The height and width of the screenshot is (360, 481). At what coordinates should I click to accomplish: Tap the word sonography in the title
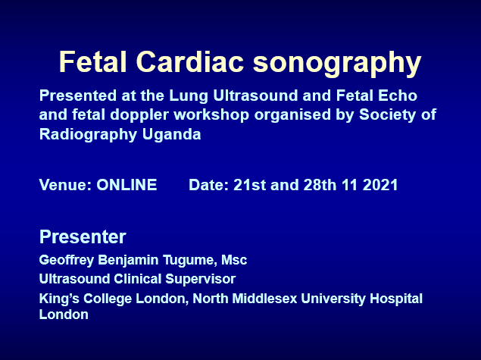coord(337,64)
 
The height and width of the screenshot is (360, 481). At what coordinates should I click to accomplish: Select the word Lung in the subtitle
coord(189,96)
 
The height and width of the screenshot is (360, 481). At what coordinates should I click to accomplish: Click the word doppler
coord(139,116)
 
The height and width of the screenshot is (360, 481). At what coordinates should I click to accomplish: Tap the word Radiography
coord(88,135)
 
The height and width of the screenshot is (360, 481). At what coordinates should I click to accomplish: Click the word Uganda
coord(171,135)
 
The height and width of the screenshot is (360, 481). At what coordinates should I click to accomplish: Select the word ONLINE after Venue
coord(126,185)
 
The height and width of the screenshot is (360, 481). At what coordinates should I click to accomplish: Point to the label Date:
coord(208,185)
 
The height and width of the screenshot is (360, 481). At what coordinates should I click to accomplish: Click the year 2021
coord(380,185)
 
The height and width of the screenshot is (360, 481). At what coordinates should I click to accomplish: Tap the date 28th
coord(320,185)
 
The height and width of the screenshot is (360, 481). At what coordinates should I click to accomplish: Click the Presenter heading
coord(83,236)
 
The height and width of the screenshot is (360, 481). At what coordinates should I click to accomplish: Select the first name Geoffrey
coord(67,260)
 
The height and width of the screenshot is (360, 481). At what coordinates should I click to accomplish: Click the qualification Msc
coord(234,260)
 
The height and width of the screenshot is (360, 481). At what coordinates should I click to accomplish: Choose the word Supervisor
coord(200,279)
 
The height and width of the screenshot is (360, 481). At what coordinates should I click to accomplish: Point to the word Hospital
coord(396,299)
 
